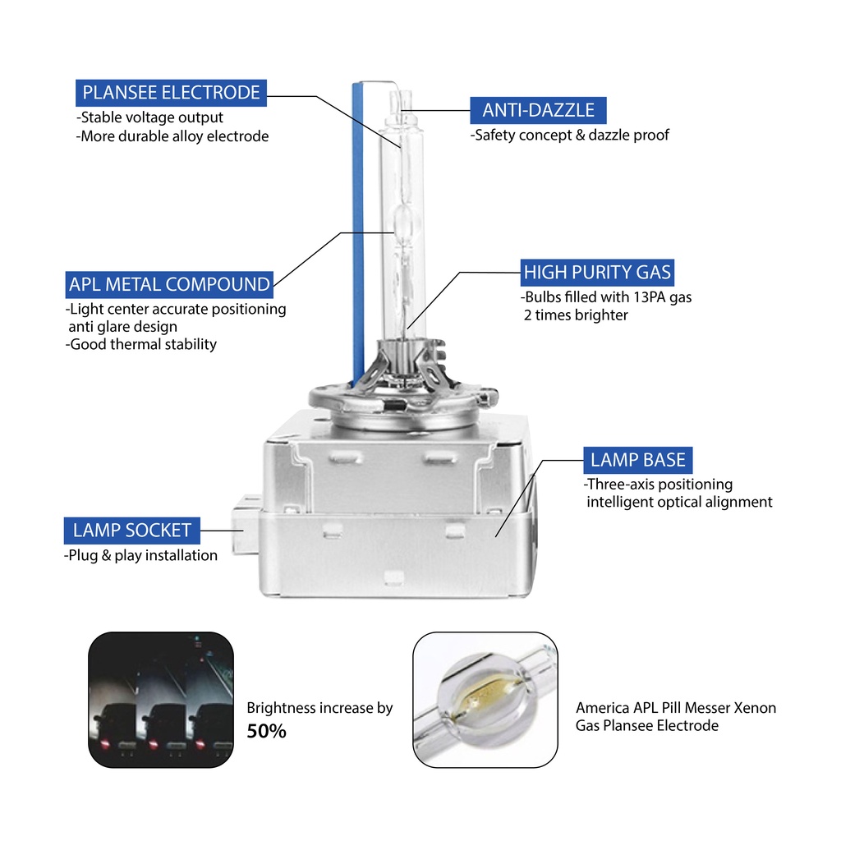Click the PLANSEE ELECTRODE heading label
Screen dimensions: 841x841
point(171,93)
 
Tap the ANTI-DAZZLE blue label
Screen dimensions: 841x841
point(538,110)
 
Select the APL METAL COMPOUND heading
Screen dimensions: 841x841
point(169,284)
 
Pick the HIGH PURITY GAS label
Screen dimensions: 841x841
point(597,273)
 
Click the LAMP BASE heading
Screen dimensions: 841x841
point(637,460)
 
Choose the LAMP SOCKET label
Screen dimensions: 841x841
point(132,531)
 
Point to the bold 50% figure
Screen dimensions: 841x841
point(267,731)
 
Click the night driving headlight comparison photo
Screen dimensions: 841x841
point(161,700)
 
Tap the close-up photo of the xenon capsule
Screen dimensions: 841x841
point(485,700)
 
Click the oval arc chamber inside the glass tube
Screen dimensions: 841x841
point(404,222)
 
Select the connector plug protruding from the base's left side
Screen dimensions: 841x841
point(245,526)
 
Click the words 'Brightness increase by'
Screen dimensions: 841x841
point(319,709)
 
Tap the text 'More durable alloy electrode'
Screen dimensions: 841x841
point(172,137)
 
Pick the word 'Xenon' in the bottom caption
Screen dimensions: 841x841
point(755,708)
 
